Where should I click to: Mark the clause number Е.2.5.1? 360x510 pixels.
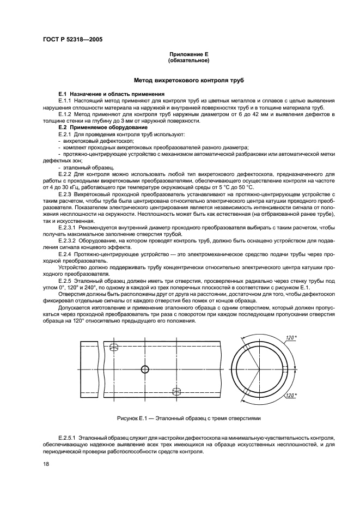point(70,438)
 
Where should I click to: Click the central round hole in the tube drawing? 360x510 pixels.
point(145,369)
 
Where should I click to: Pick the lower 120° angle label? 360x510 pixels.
point(291,395)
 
